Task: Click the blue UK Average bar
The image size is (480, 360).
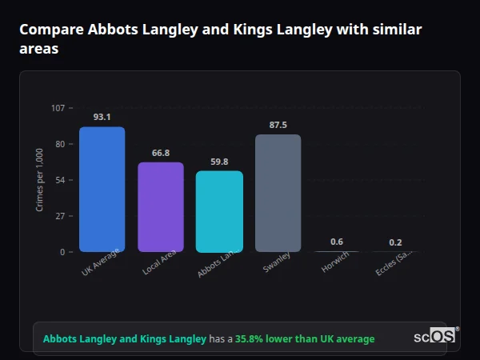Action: point(102,190)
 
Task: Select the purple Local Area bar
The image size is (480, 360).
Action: point(161,207)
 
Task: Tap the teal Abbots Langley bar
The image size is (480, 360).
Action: point(219,212)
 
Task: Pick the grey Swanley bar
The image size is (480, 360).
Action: point(278,194)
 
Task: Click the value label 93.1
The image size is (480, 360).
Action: point(102,117)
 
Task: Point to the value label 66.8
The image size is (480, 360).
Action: point(161,153)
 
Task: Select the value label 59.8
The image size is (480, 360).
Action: point(219,162)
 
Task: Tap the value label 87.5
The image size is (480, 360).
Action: point(278,125)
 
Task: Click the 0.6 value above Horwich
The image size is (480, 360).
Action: point(337,242)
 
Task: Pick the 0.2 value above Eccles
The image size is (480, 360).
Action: point(395,242)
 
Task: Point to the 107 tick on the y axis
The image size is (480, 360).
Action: point(58,108)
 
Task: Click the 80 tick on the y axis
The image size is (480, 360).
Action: point(60,144)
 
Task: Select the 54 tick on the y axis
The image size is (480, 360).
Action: point(60,180)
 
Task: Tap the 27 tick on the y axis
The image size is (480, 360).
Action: point(60,216)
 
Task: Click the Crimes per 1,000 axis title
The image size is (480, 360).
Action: point(40,180)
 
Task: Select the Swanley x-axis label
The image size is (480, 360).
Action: point(276,263)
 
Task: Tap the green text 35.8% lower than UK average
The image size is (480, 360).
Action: point(305,339)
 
